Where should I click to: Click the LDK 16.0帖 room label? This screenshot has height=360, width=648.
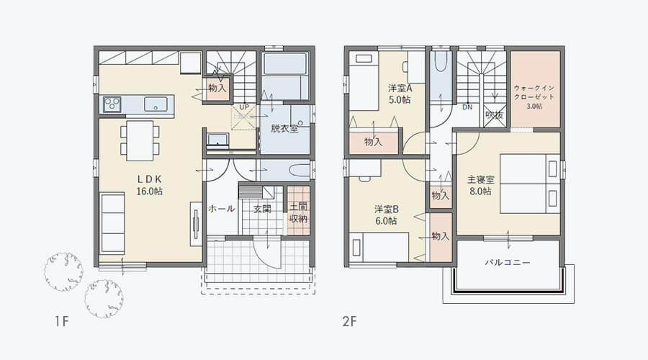pos(149,185)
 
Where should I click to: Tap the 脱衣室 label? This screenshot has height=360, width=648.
pos(284,129)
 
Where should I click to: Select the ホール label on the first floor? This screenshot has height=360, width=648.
pos(222,208)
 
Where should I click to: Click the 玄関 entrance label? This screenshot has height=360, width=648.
pos(262,209)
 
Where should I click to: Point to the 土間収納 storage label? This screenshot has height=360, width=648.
pos(298,212)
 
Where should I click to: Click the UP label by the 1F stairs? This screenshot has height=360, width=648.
pos(244,107)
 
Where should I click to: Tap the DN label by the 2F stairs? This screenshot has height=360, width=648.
pos(467,107)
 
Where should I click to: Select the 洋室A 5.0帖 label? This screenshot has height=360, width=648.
pos(400,94)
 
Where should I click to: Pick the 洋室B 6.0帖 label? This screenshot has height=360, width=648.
pos(386,215)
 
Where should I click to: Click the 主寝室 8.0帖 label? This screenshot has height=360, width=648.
pos(481,185)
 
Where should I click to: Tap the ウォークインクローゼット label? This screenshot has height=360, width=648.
pos(534,97)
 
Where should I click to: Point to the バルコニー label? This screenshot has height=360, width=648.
pos(508,262)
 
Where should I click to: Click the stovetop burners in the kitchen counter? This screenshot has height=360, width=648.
pos(112,104)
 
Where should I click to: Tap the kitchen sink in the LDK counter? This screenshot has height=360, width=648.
pos(156,104)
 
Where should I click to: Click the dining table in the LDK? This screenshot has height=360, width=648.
pos(140,140)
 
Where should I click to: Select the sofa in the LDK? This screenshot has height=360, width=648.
pos(112,223)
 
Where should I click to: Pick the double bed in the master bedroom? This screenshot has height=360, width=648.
pos(530,184)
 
